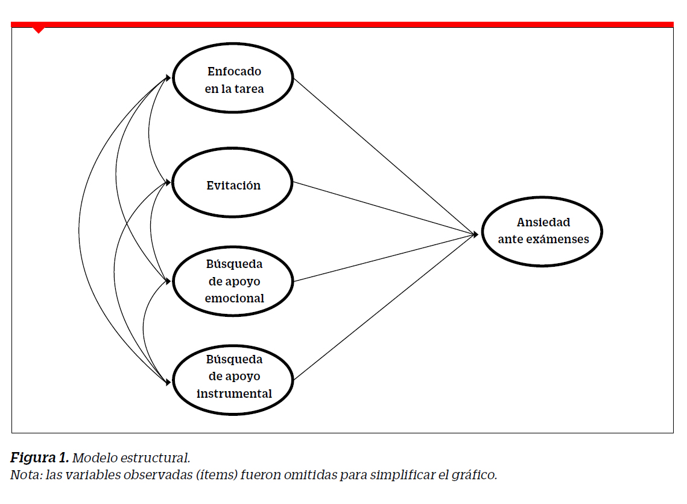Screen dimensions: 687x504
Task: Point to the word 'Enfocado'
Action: click(x=235, y=71)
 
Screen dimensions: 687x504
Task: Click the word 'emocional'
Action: click(x=235, y=298)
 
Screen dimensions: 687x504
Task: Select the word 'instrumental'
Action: click(x=234, y=394)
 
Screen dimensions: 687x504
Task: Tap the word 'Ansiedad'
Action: click(x=543, y=222)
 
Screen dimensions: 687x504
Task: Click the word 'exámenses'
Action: click(x=557, y=239)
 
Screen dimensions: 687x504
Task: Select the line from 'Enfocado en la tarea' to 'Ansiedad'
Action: click(x=385, y=156)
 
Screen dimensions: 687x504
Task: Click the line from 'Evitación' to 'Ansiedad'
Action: click(x=385, y=208)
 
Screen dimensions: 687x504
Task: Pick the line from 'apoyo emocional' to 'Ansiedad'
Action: click(x=385, y=258)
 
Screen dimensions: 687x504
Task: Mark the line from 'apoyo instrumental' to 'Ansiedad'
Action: click(x=385, y=307)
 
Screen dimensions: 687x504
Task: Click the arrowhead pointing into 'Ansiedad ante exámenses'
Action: click(x=475, y=235)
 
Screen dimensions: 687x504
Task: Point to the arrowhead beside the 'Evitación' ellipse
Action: click(x=168, y=182)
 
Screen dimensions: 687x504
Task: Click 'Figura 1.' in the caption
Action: click(x=39, y=458)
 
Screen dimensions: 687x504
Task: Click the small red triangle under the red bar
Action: click(x=39, y=30)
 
